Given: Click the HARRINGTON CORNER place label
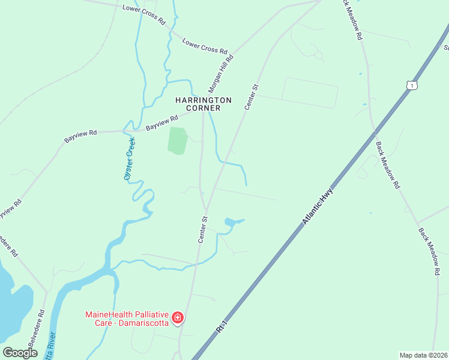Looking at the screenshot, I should pyautogui.click(x=203, y=104).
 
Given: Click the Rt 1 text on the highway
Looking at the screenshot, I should pyautogui.click(x=222, y=327).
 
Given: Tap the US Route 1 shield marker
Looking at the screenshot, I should pyautogui.click(x=411, y=86).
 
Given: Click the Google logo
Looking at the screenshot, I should pyautogui.click(x=20, y=353).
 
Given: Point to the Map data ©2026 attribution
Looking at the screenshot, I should pyautogui.click(x=424, y=355).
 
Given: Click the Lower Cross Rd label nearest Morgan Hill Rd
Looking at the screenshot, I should pyautogui.click(x=205, y=47).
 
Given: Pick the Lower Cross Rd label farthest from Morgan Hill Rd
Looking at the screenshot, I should pyautogui.click(x=143, y=14).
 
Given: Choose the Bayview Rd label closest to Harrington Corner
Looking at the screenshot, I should pyautogui.click(x=161, y=123).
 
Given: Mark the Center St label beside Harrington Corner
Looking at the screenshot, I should pyautogui.click(x=251, y=97).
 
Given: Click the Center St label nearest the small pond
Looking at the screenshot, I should pyautogui.click(x=203, y=230).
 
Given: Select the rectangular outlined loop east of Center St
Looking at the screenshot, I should pyautogui.click(x=310, y=92).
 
